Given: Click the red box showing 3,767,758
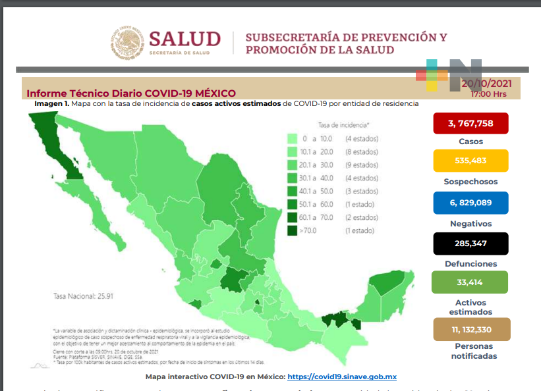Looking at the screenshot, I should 470,123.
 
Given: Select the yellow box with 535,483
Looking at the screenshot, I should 470,161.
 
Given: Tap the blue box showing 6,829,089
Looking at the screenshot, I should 470,203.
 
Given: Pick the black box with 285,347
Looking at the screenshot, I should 470,244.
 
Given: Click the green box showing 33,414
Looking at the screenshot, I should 470,282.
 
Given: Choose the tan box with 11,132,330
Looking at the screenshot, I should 471,328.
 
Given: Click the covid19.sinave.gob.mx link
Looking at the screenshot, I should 342,377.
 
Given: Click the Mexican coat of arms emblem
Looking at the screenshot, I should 127,43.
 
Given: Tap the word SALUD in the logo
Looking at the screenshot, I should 184,39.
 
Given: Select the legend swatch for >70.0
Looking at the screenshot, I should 292,230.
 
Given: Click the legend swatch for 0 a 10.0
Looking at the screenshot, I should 292,138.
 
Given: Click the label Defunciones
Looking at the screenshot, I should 470,263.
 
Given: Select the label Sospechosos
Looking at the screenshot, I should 470,181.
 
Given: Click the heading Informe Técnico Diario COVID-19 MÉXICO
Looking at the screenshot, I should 130,93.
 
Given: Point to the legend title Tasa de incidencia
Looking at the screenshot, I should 343,124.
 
